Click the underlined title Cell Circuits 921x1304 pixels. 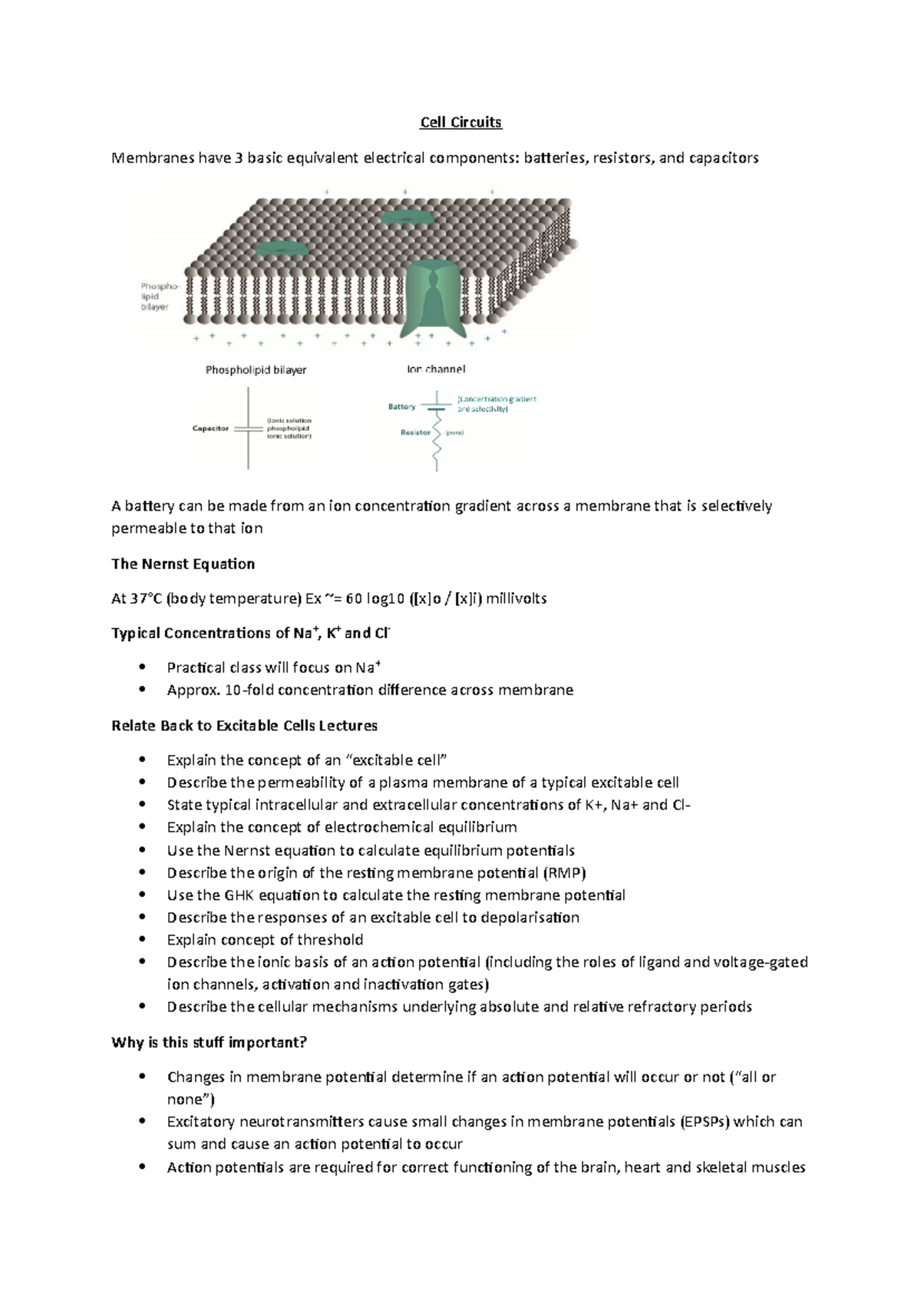[460, 122]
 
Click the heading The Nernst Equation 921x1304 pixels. [183, 564]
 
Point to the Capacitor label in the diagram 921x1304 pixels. [210, 429]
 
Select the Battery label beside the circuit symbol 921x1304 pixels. [402, 406]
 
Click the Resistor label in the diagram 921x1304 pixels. [415, 432]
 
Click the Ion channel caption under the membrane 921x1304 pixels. [436, 369]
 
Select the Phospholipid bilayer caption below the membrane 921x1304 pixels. [256, 370]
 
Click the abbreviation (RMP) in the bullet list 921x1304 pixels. [564, 872]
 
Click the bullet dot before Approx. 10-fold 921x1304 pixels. [142, 690]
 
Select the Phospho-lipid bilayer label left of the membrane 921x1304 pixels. [157, 296]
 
